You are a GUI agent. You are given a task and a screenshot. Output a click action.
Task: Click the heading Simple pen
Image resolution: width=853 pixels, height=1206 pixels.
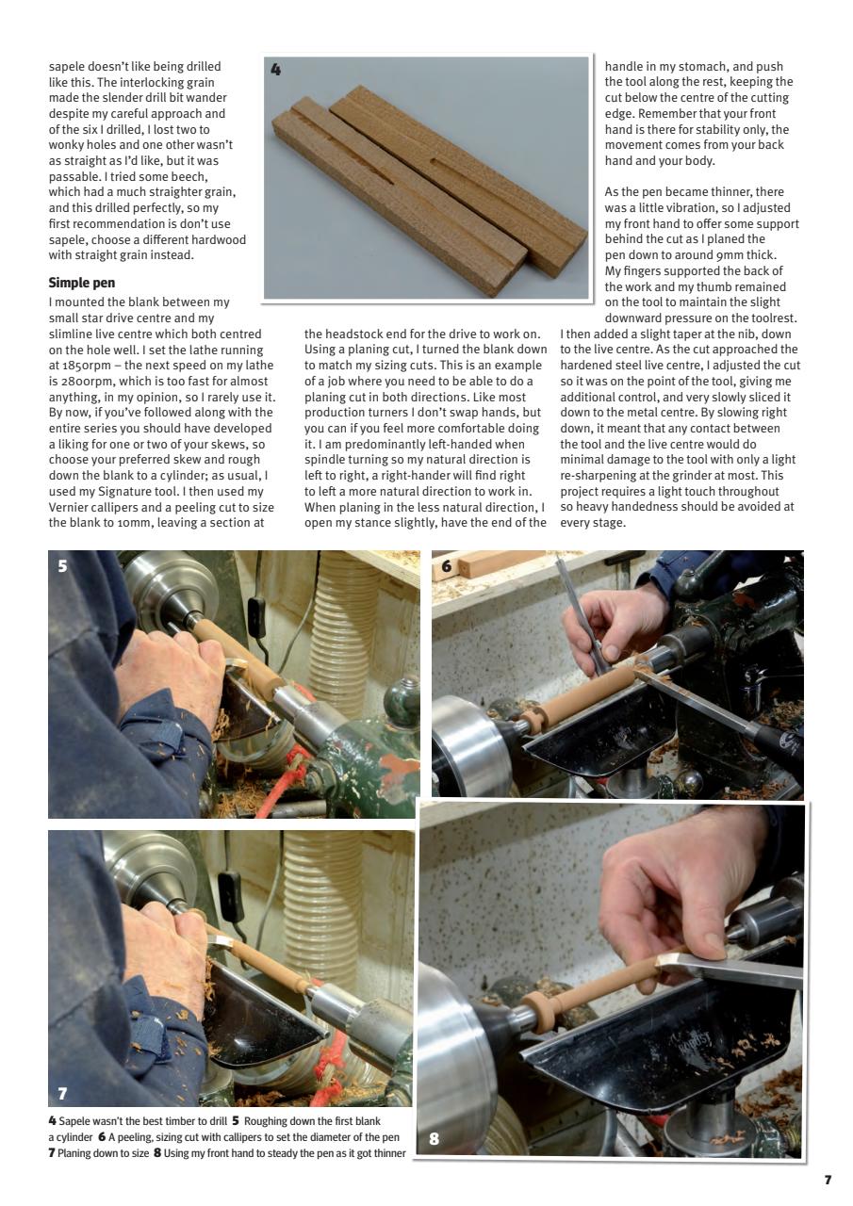click(82, 282)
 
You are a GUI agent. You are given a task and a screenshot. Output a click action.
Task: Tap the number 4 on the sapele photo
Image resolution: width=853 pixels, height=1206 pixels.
click(275, 69)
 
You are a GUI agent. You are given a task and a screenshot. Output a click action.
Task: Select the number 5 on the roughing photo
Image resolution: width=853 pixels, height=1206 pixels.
click(62, 567)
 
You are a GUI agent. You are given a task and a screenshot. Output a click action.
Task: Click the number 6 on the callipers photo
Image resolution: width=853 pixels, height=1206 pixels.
click(447, 566)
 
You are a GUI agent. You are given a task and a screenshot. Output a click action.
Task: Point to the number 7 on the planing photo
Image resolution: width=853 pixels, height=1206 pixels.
click(62, 1093)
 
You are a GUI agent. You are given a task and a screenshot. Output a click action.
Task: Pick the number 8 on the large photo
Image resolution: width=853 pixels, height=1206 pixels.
click(434, 1137)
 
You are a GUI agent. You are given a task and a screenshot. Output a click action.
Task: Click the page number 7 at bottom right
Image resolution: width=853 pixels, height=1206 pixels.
click(828, 1180)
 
